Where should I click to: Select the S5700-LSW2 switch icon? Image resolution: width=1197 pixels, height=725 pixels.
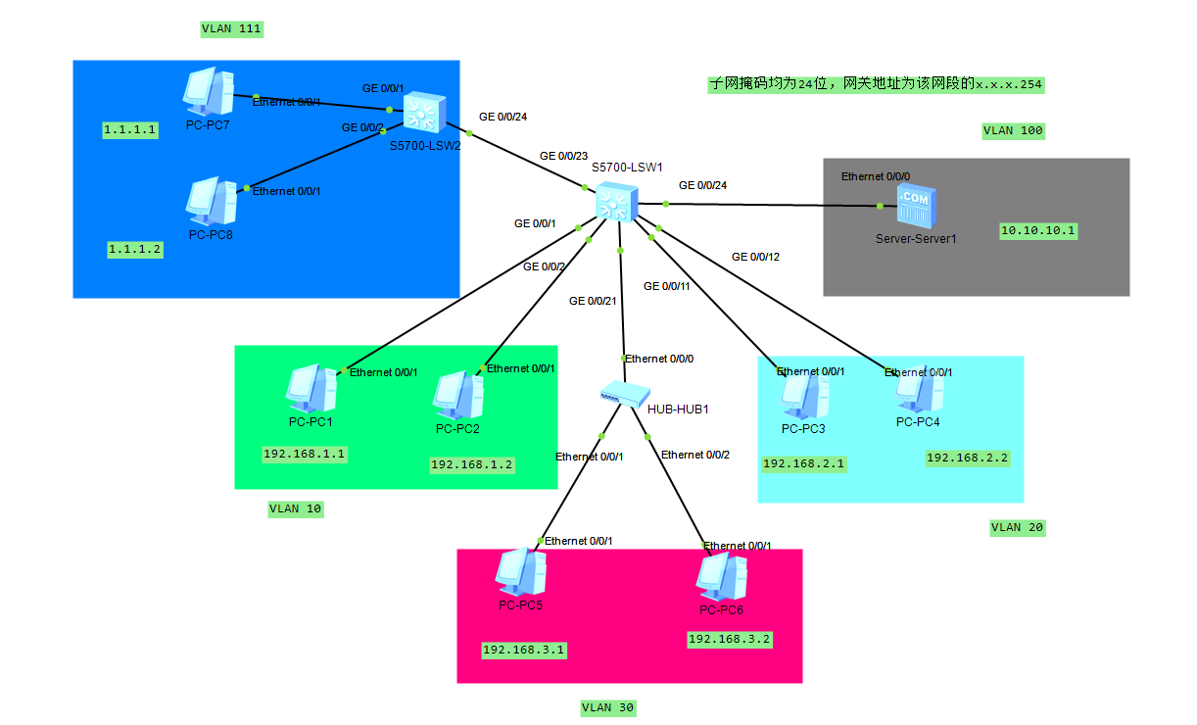point(423,113)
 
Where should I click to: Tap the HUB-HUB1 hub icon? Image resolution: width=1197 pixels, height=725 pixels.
point(620,395)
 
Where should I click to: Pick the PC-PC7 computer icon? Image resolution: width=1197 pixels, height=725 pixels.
point(208,91)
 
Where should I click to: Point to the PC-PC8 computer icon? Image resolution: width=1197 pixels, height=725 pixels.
point(211,201)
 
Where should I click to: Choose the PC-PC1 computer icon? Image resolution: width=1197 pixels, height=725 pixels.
point(311,389)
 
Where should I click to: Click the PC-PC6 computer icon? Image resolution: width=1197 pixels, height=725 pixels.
point(721,577)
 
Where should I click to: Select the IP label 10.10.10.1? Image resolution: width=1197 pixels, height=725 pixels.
point(1038,231)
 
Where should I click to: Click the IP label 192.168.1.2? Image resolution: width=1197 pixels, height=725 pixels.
point(471,463)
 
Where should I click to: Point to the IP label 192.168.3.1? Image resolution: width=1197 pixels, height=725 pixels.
point(523,650)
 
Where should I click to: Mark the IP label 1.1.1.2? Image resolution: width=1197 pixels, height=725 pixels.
point(135,250)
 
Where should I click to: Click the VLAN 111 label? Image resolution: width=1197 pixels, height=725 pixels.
point(231,28)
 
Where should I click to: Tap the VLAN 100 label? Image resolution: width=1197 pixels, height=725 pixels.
point(1013,130)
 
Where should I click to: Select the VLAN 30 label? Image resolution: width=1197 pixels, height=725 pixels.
point(608,707)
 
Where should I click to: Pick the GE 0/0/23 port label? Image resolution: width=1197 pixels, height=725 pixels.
point(563,156)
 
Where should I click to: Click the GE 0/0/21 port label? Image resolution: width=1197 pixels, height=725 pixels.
point(593,301)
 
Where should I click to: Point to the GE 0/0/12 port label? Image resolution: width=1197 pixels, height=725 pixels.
point(755,258)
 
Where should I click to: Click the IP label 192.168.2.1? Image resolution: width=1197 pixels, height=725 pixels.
point(803,463)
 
